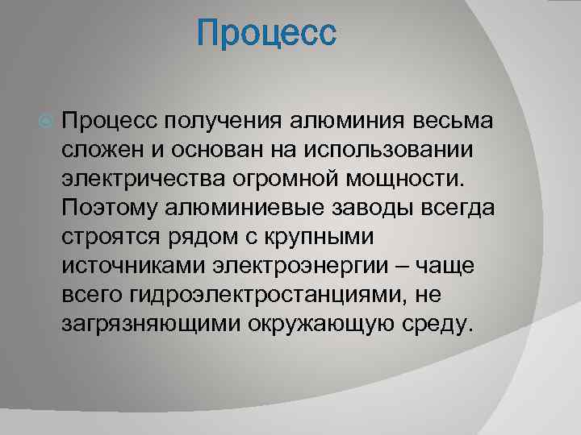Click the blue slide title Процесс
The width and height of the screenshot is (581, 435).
[x=265, y=35]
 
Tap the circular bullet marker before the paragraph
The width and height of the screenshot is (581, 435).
[x=45, y=121]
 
